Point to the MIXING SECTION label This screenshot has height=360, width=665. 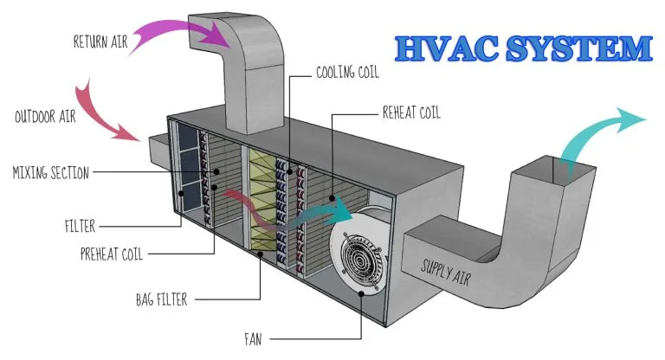click(51, 172)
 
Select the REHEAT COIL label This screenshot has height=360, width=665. click(411, 112)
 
